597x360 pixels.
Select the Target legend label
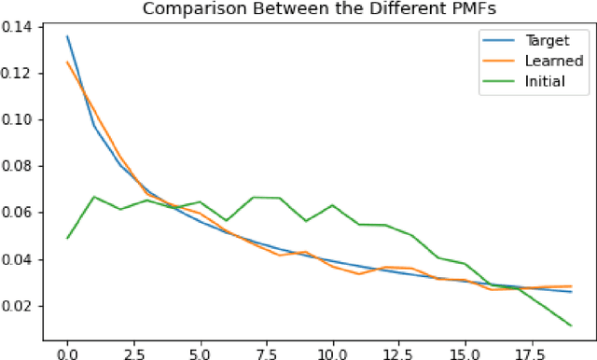(x=546, y=42)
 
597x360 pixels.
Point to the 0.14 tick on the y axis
(x=20, y=26)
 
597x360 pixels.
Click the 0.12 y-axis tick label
(x=20, y=73)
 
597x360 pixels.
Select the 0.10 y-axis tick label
(x=20, y=119)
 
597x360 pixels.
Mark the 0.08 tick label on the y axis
(x=20, y=166)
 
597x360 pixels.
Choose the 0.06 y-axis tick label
(x=20, y=213)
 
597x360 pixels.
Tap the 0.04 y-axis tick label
(x=20, y=259)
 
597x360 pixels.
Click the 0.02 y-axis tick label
(x=20, y=306)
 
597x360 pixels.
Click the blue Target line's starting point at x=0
(x=67, y=36)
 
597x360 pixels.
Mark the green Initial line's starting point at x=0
(x=67, y=238)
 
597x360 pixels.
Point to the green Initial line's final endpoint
(x=571, y=325)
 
